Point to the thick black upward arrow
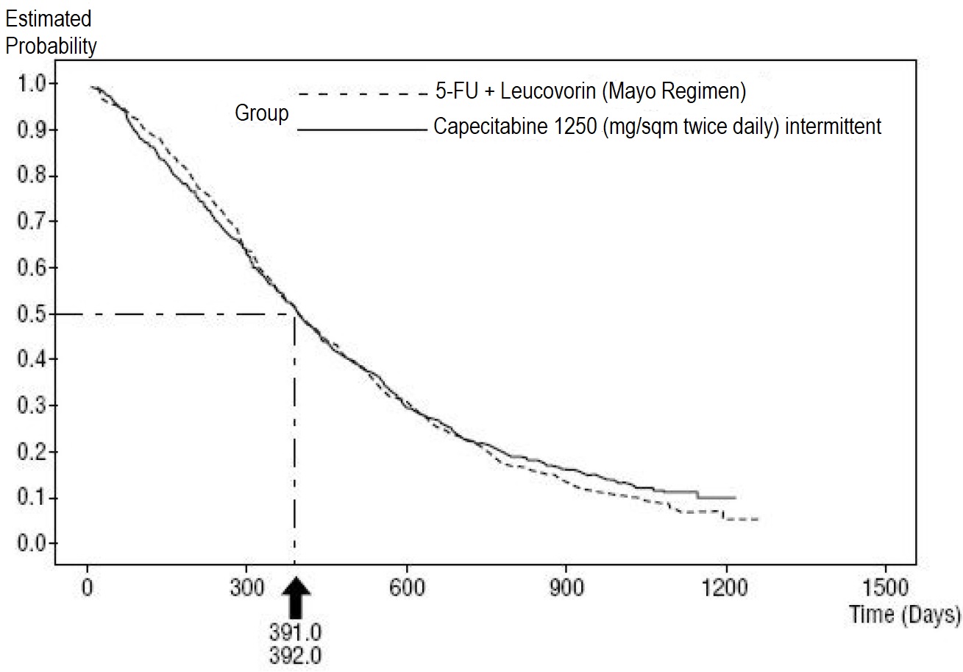[x=295, y=598]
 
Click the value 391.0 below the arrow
[x=295, y=632]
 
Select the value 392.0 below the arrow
[x=295, y=655]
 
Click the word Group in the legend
[x=262, y=114]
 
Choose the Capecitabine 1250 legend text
[x=657, y=127]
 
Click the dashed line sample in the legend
[x=362, y=94]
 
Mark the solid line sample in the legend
[x=362, y=130]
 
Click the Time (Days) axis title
[x=904, y=615]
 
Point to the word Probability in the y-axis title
[x=51, y=46]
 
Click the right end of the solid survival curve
[x=735, y=498]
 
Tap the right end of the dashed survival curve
[x=757, y=520]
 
